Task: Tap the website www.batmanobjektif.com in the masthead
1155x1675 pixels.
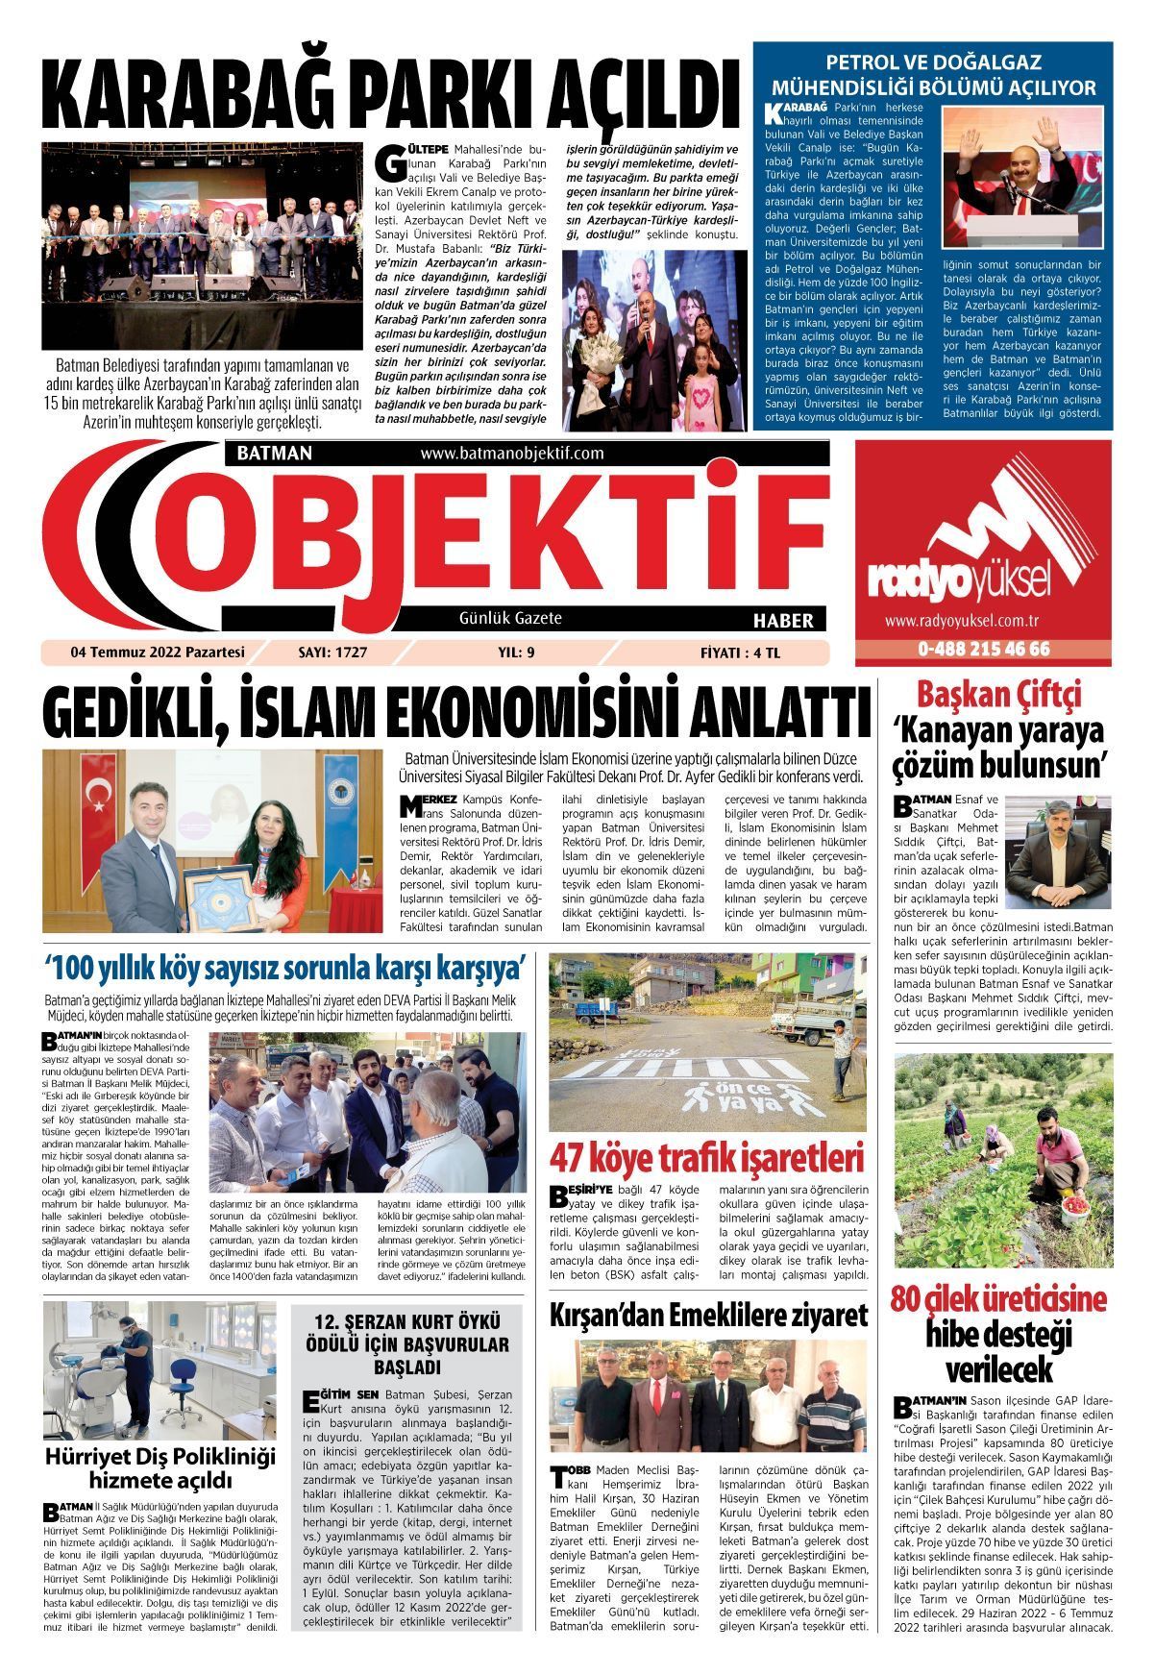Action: [511, 454]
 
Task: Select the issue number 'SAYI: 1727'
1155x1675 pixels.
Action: [332, 653]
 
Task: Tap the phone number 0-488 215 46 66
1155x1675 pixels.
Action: [983, 650]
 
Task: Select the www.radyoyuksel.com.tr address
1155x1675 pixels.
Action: [980, 623]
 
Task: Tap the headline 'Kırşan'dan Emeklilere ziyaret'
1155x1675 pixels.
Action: [708, 1315]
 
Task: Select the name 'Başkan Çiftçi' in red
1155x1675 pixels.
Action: [999, 694]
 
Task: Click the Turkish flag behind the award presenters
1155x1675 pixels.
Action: [99, 795]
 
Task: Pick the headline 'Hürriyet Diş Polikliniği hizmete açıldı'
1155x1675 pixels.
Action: [159, 1468]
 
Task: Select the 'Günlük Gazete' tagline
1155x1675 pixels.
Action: [511, 619]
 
